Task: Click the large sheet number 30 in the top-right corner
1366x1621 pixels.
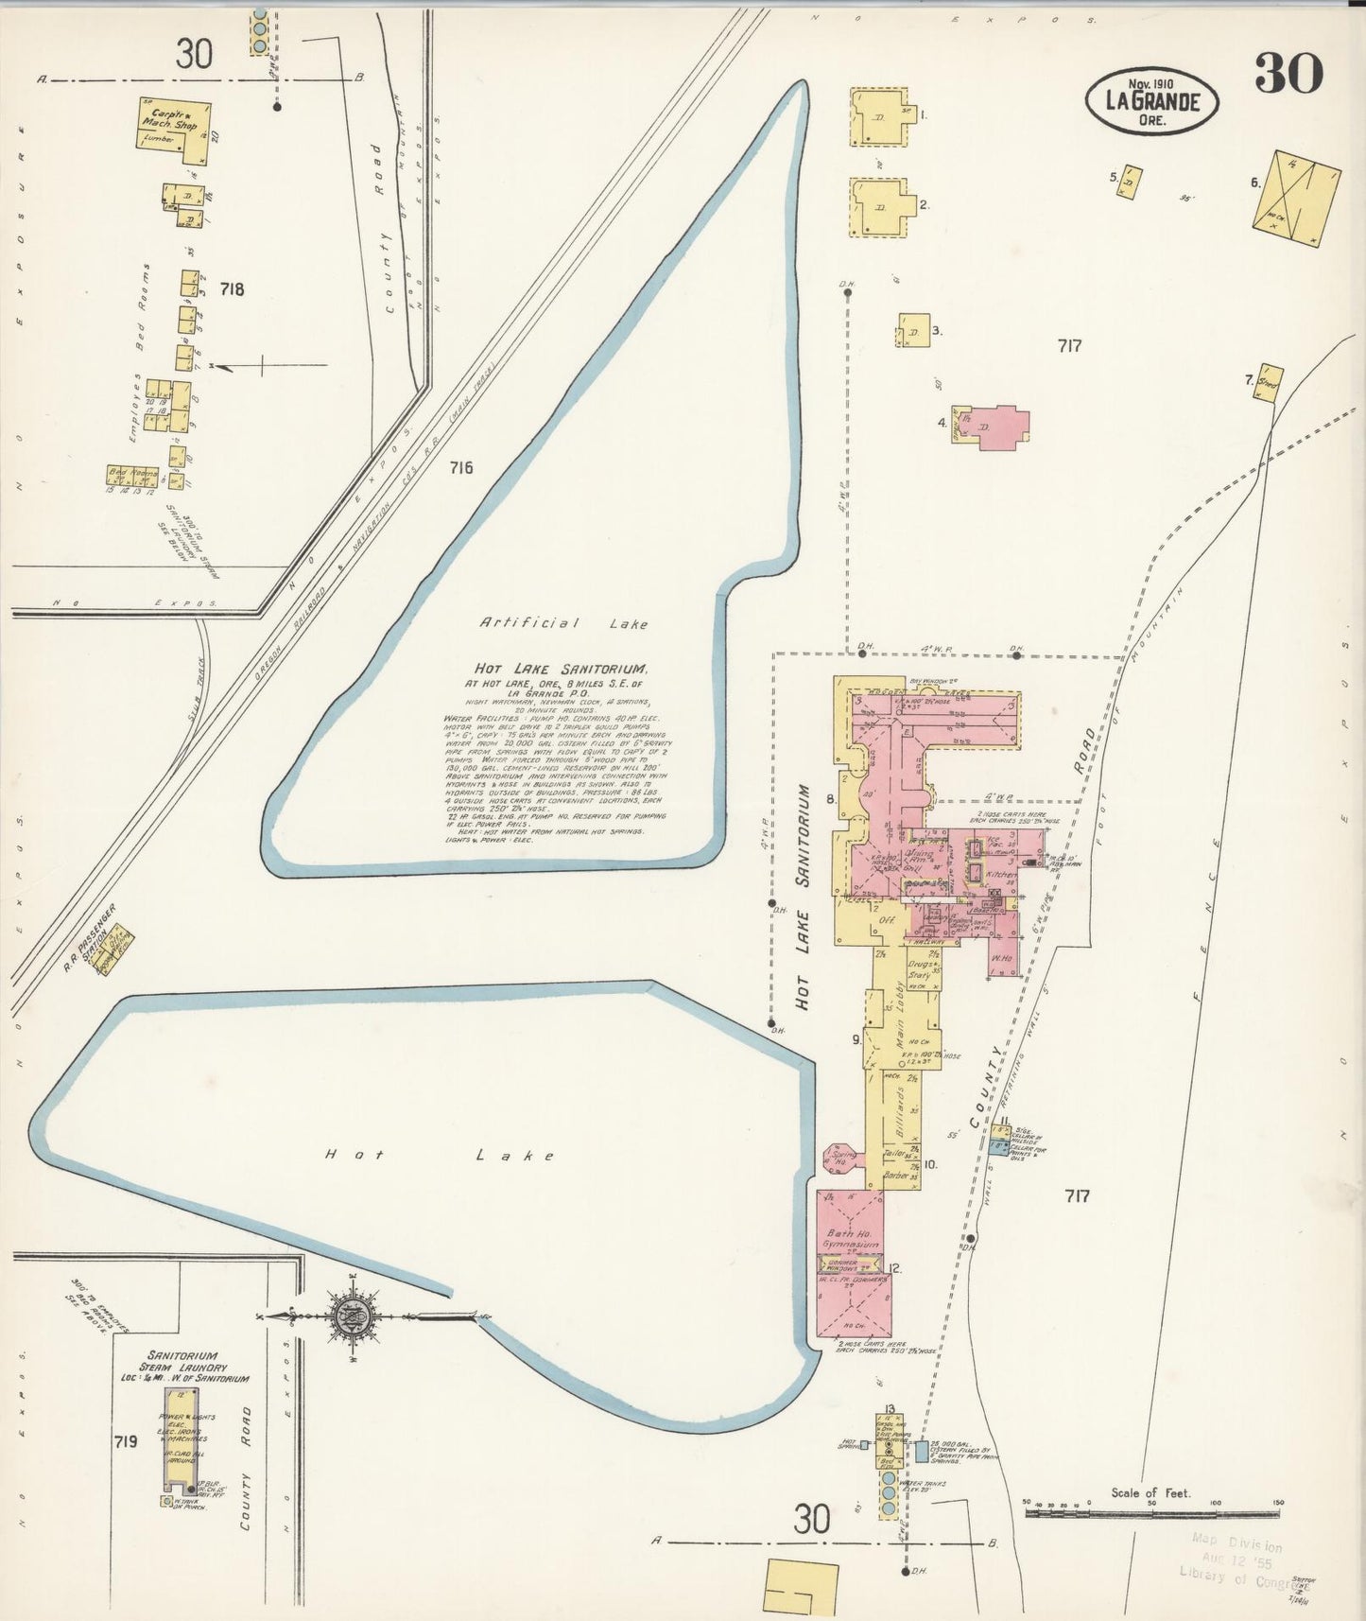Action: pos(1288,74)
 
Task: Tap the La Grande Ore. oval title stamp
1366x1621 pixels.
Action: pos(1150,100)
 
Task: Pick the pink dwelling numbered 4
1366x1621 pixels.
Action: pos(992,427)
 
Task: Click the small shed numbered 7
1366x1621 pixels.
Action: pos(1269,383)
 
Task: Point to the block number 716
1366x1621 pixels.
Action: pos(460,467)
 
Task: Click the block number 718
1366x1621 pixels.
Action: pos(231,289)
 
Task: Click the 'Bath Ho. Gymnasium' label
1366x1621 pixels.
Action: pos(853,1239)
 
